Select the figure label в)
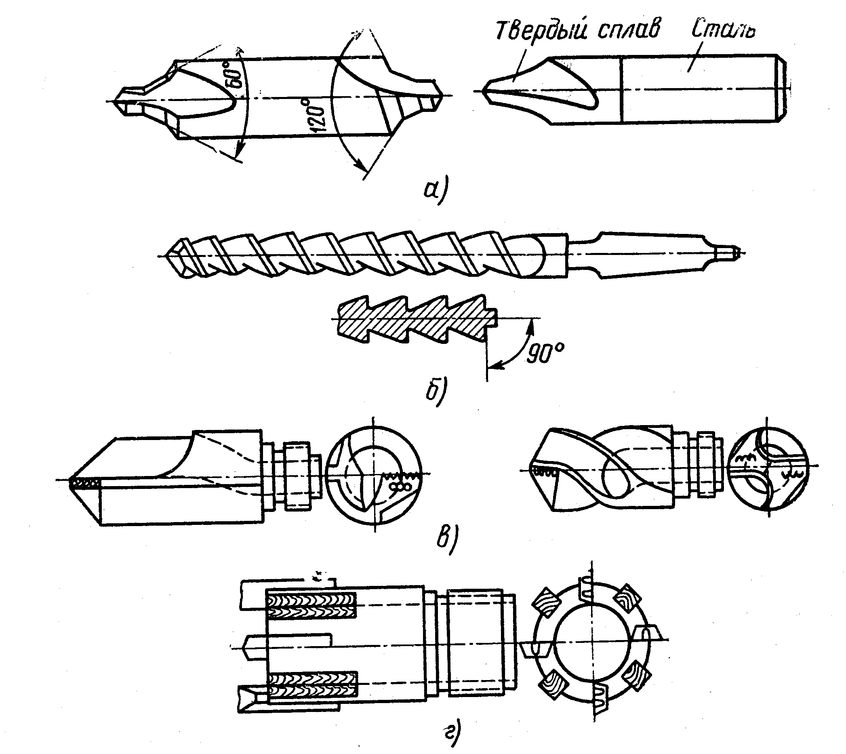pyautogui.click(x=448, y=539)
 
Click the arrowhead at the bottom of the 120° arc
pyautogui.click(x=363, y=168)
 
